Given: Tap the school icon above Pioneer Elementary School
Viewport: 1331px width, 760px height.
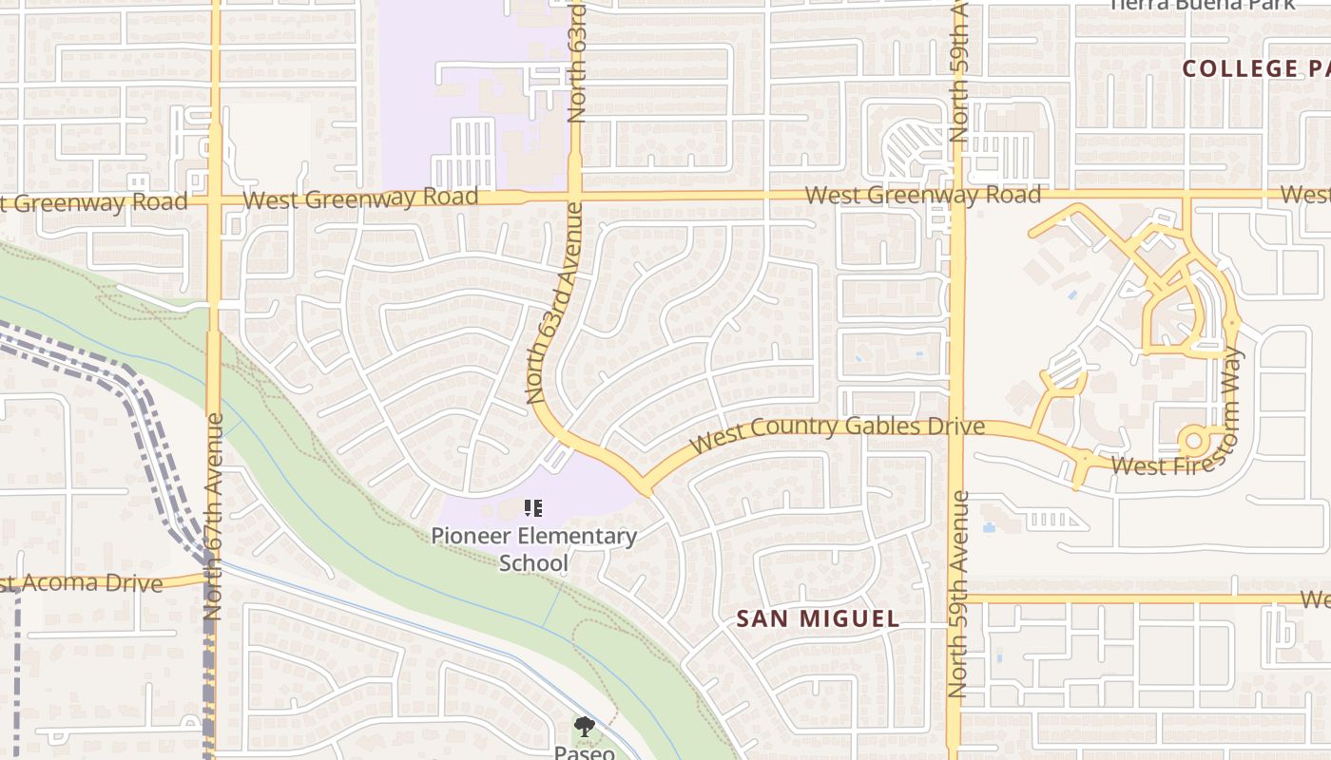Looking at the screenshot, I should click(x=533, y=509).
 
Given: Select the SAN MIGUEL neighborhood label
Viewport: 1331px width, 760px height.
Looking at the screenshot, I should click(x=818, y=619).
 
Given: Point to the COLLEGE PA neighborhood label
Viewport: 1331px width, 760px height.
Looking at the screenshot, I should click(x=1255, y=68).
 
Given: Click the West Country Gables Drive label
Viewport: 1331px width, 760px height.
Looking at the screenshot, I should click(x=837, y=432).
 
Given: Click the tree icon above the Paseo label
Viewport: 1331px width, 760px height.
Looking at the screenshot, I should click(x=584, y=728).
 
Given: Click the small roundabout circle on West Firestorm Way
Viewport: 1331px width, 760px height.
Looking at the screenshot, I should click(x=1192, y=441).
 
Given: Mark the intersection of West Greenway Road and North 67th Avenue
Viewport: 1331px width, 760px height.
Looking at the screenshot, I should click(x=215, y=200).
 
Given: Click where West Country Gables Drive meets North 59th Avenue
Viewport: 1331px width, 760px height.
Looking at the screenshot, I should click(x=955, y=424).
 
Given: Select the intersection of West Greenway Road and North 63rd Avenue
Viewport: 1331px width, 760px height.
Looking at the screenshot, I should click(x=574, y=198).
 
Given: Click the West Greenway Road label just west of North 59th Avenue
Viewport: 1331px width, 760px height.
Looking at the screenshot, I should click(x=922, y=196).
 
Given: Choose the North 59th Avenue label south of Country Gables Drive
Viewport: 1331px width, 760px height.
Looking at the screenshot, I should click(x=957, y=593).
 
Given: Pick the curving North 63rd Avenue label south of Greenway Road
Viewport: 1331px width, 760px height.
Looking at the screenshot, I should click(x=552, y=313).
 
